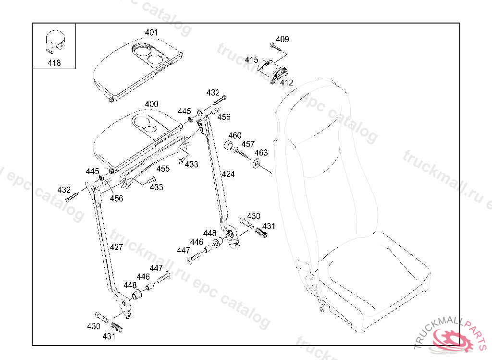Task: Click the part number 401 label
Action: click(x=151, y=33)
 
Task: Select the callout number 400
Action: click(x=151, y=104)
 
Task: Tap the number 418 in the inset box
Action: click(x=54, y=63)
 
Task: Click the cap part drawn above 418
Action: click(x=56, y=41)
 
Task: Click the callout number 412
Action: click(x=286, y=83)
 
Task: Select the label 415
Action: click(x=251, y=60)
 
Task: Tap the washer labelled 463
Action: click(x=257, y=163)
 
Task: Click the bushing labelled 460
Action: click(x=230, y=146)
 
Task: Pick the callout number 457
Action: click(x=248, y=144)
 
